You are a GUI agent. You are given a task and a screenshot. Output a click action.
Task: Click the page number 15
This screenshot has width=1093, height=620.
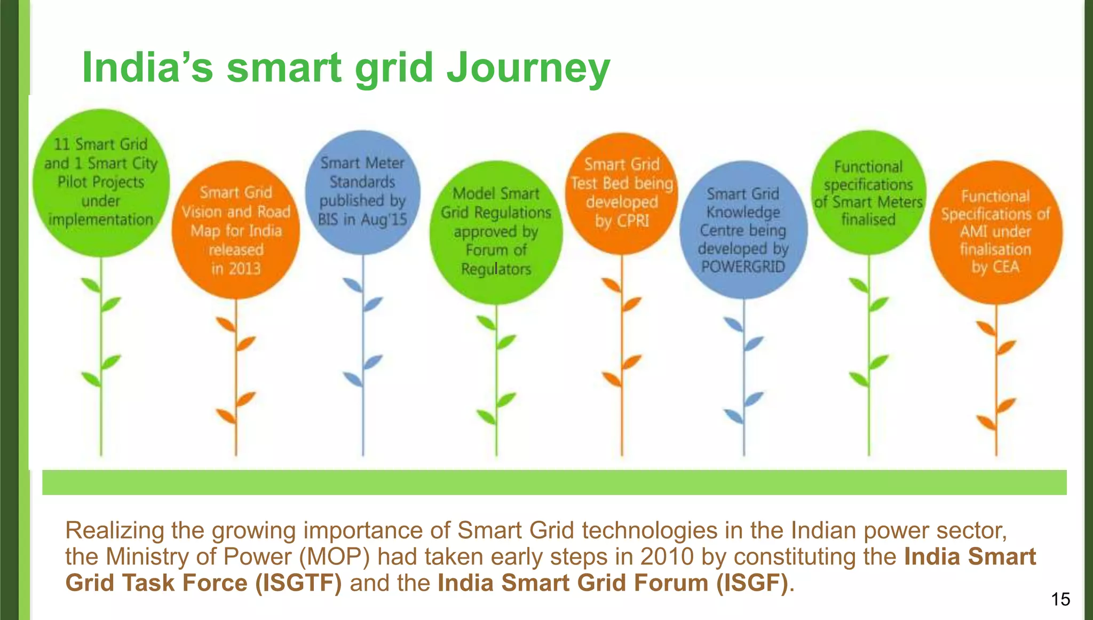1060,599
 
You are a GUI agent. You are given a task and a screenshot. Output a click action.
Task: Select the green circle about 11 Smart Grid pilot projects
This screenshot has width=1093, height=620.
101,182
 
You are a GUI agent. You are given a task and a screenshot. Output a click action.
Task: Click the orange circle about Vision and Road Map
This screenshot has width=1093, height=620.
235,230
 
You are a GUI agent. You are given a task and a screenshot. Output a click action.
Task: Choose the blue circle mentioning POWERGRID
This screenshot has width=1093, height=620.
743,230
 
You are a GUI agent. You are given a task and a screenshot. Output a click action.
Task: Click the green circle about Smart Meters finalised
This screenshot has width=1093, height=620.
868,192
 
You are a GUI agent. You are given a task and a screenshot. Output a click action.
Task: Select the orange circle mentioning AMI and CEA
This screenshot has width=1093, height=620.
995,232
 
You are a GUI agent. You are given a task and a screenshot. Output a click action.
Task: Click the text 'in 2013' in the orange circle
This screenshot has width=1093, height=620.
235,268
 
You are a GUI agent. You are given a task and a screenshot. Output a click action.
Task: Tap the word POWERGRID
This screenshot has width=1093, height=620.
743,266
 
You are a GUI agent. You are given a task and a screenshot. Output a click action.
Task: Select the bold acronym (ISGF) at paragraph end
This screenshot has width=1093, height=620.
752,583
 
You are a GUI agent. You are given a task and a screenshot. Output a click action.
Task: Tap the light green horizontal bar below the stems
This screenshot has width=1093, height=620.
554,482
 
